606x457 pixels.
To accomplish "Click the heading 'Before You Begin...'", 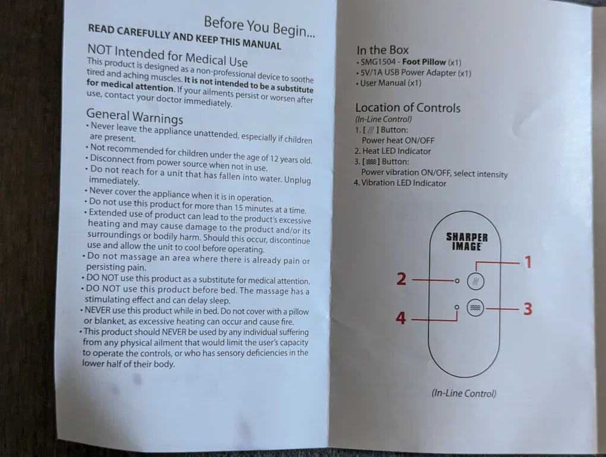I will pos(259,27).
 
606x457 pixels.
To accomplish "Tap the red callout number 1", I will pos(528,262).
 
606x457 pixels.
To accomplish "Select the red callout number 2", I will pos(402,278).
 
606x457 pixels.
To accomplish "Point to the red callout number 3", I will pos(528,309).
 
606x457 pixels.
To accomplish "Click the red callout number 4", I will pos(401,318).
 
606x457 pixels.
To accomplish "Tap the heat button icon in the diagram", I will pos(475,280).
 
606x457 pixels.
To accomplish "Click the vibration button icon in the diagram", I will pos(475,308).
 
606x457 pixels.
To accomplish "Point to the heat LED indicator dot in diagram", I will pos(457,280).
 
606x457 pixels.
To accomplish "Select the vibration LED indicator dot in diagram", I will pos(457,307).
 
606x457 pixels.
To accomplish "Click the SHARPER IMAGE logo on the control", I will pos(467,242).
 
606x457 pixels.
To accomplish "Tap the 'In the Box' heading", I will pos(382,51).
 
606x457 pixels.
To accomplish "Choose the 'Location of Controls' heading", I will pos(408,108).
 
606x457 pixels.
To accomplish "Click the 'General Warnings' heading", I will pos(134,116).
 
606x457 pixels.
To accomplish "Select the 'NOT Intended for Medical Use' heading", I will pos(167,55).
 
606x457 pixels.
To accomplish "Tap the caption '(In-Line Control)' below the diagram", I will pos(463,393).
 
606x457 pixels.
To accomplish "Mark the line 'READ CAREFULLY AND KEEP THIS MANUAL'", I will pos(184,37).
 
